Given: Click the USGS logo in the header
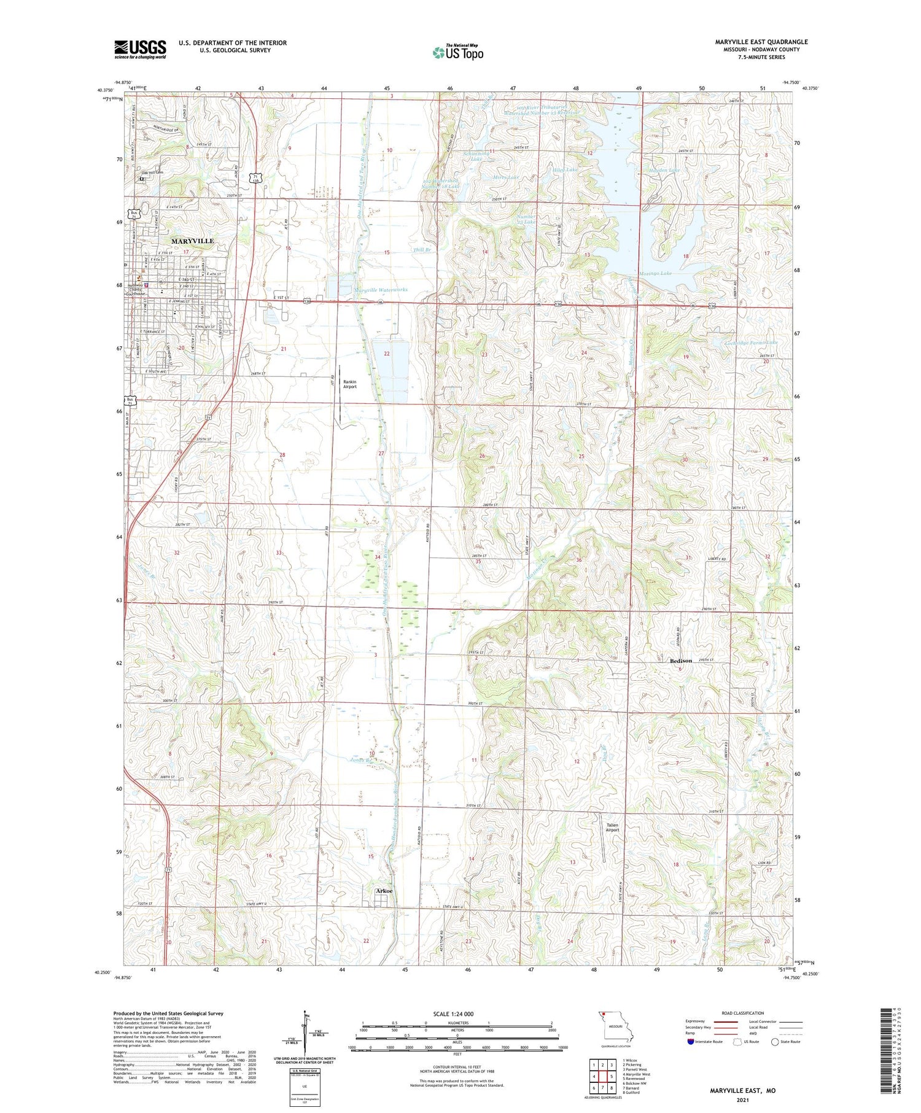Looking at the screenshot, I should tap(140, 48).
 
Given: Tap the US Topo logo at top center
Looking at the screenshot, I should tap(457, 52).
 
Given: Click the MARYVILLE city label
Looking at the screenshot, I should tap(193, 241).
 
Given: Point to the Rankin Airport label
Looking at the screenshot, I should tap(349, 384).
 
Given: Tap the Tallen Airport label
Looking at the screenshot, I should tap(612, 828).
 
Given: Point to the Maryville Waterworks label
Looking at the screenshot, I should tap(381, 290).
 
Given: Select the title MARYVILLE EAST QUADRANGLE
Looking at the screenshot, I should tap(761, 42).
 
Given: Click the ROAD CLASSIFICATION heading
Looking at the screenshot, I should tap(743, 1013).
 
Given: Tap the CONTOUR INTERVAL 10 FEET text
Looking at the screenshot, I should tap(457, 1068).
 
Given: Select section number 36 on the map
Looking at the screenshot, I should tap(578, 560).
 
